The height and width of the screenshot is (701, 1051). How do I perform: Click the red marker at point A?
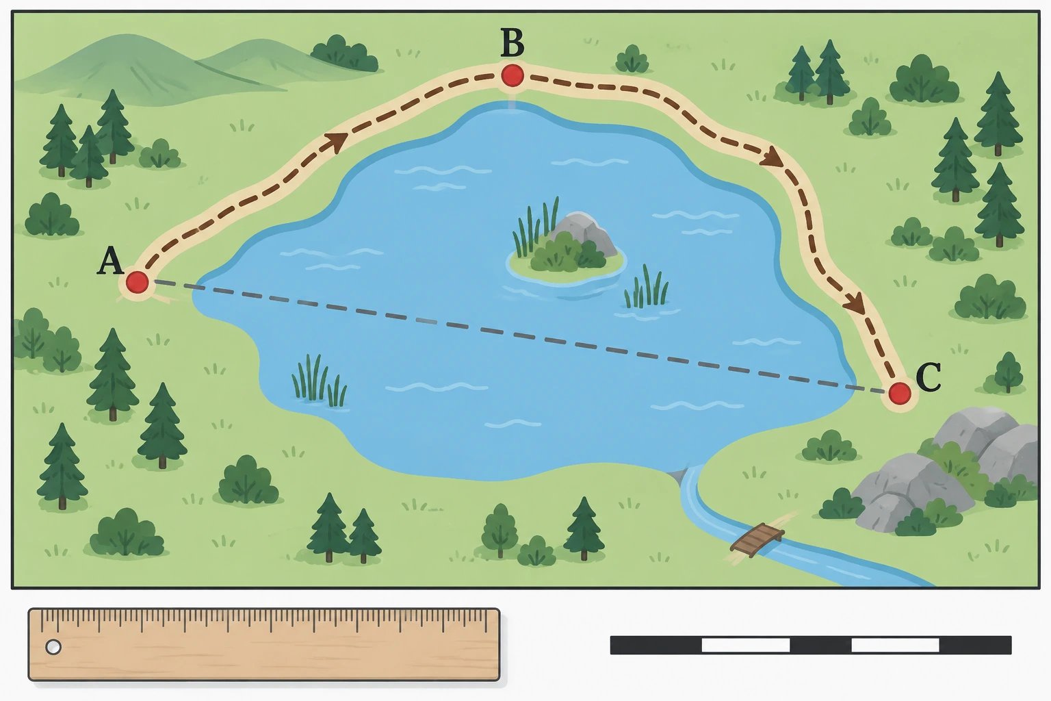point(137,283)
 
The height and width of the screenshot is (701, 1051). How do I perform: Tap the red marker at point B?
point(512,75)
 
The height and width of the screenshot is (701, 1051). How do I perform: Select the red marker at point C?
point(900,394)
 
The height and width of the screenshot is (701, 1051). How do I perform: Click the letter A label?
point(110,261)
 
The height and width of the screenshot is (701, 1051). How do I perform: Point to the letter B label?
point(512,42)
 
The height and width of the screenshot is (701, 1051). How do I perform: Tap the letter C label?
point(928,377)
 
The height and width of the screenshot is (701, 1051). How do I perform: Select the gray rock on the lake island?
point(584,233)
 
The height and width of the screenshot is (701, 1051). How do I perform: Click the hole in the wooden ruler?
point(53,647)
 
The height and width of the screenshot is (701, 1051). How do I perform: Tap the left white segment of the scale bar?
point(746,645)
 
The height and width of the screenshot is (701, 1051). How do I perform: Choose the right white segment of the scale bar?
point(895,645)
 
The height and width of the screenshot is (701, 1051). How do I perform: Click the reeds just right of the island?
point(646,288)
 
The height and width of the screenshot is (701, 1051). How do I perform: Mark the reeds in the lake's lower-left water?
point(319,381)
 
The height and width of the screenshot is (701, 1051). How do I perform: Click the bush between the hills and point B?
point(345,53)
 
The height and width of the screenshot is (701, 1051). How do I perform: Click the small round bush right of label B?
point(632,59)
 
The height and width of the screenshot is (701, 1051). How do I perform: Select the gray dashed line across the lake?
point(519,336)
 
